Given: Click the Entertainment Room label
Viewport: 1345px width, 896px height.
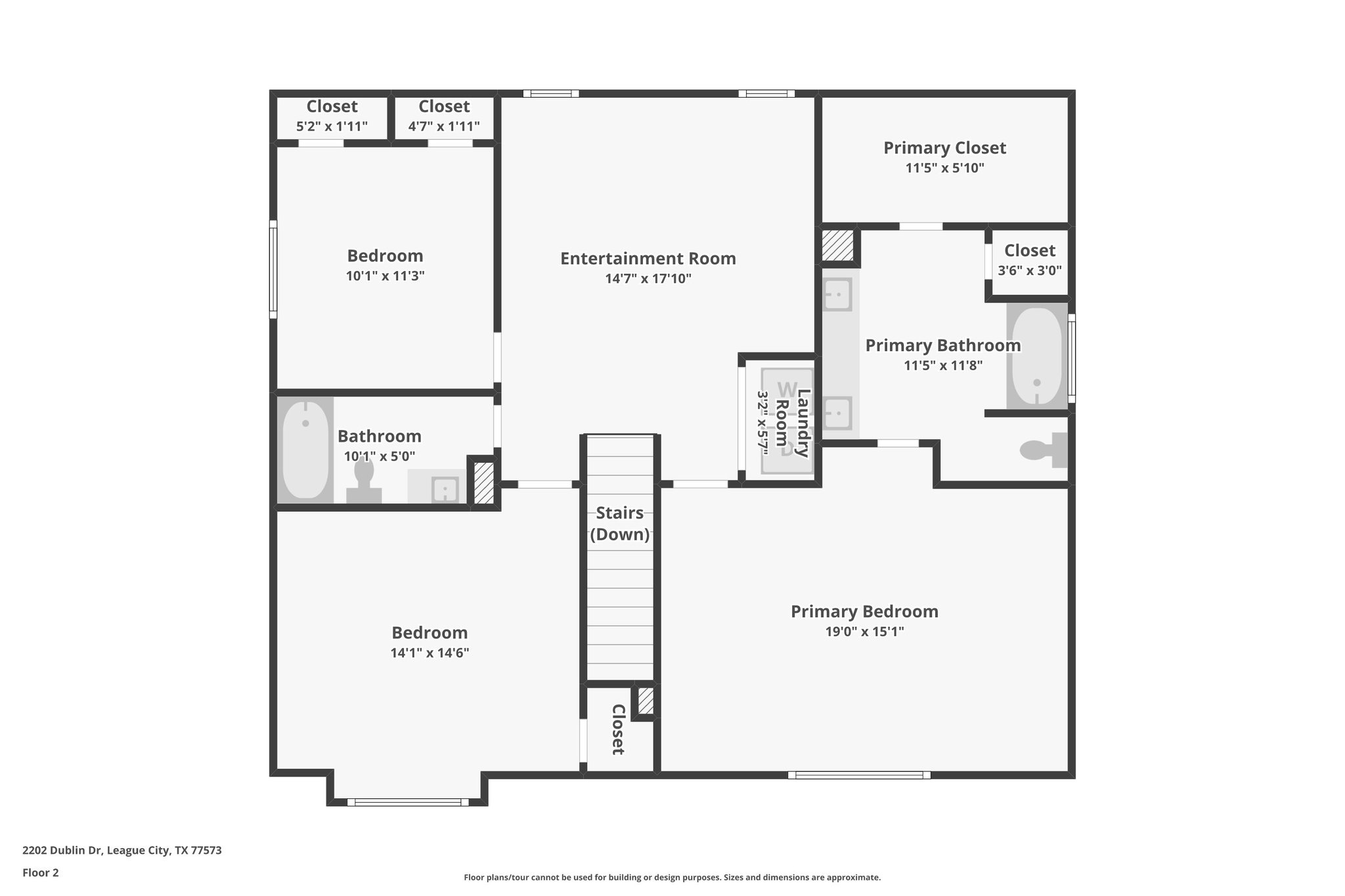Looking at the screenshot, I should click(x=648, y=259).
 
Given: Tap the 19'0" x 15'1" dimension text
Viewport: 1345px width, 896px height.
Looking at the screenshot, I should click(x=864, y=631).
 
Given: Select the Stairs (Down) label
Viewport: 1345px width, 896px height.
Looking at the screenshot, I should click(x=619, y=523).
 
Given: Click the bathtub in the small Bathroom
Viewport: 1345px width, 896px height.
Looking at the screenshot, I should click(x=305, y=450).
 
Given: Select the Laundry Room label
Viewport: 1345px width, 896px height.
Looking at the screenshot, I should click(x=793, y=418).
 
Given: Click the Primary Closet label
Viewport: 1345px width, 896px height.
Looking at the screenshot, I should click(x=944, y=148).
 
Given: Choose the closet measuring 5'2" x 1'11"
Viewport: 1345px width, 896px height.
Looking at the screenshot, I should click(x=332, y=116).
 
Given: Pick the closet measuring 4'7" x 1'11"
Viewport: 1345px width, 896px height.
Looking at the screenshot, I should click(x=444, y=116).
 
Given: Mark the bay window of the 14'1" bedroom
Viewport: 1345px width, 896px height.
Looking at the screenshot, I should click(x=408, y=802).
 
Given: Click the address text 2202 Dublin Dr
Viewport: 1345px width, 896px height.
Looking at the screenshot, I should click(x=121, y=851).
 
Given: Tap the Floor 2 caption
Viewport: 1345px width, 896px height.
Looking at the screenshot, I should click(x=41, y=872).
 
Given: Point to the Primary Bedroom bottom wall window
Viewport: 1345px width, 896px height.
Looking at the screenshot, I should click(x=859, y=775).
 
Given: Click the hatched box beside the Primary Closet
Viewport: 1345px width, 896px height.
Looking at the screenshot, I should click(x=837, y=245).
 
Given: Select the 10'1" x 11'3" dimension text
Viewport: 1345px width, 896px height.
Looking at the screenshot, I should click(x=385, y=276).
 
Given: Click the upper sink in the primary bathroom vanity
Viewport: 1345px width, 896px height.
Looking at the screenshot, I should click(x=837, y=294).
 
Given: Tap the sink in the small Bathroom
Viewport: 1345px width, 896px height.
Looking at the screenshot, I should click(x=445, y=489).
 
